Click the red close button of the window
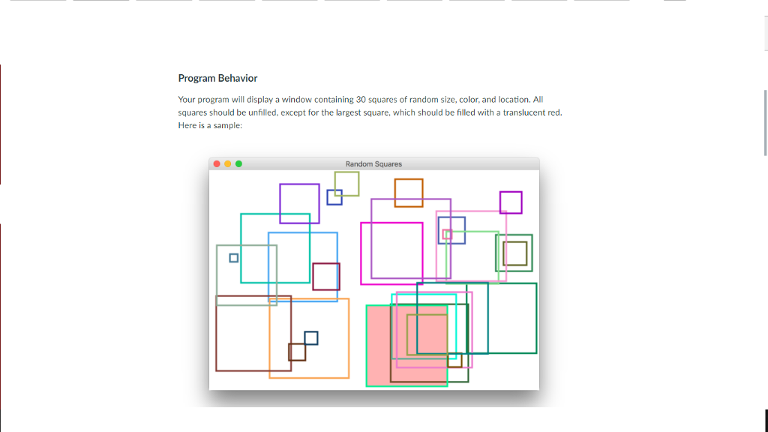[x=217, y=163]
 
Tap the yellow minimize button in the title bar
[x=228, y=163]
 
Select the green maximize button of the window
[x=239, y=163]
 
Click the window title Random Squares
[x=373, y=163]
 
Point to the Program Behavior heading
[x=217, y=78]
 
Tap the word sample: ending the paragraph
[x=228, y=125]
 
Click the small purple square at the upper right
[x=511, y=202]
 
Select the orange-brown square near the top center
[x=409, y=193]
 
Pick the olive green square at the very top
[x=346, y=183]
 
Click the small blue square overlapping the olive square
[x=334, y=196]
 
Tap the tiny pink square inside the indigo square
[x=447, y=234]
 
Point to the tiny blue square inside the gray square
[x=233, y=257]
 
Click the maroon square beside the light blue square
[x=326, y=276]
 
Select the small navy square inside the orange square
[x=310, y=337]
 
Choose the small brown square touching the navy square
[x=297, y=352]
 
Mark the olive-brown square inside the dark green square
[x=515, y=253]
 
